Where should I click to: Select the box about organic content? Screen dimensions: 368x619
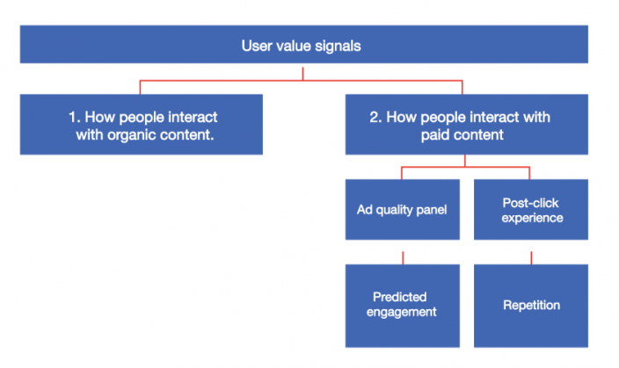coord(141,125)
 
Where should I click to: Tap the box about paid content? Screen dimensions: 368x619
coord(466,125)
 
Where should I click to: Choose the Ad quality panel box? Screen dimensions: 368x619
coord(403,209)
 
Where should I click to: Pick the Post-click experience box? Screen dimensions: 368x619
coord(530,209)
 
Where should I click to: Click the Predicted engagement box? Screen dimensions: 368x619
coord(403,304)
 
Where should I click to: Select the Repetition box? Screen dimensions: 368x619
coord(530,304)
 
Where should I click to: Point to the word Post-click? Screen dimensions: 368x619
coord(531,203)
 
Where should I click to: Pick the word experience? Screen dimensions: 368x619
coord(531,218)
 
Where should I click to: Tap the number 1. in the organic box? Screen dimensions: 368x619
coord(73,117)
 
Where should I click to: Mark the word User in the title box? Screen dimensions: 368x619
coord(256,46)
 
